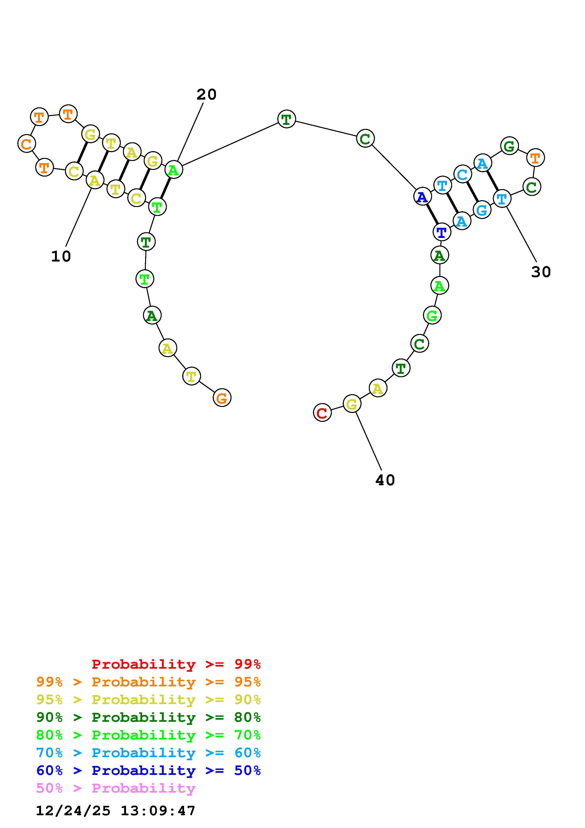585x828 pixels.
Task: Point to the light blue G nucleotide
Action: tap(482, 210)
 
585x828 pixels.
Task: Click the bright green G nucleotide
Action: tap(432, 316)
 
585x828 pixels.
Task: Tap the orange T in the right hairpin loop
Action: tap(535, 158)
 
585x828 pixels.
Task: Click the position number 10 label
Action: tap(61, 256)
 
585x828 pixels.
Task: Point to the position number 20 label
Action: tap(206, 94)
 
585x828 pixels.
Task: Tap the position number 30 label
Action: tap(541, 272)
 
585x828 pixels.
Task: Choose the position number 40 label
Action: tap(385, 480)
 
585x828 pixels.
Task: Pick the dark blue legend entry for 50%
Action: tap(148, 771)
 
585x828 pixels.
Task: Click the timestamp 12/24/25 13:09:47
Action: tap(115, 811)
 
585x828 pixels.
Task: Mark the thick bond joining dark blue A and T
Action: tap(431, 214)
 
